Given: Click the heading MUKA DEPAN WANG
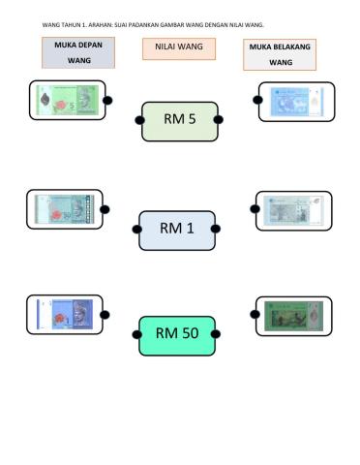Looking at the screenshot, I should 78,52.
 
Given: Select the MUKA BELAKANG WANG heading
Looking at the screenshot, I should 281,54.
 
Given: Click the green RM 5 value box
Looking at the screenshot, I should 180,120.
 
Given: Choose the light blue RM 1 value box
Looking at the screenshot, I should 177,230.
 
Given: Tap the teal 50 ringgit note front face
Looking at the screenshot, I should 64,208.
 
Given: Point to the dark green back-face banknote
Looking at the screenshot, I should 293,315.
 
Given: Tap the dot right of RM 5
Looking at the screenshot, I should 219,119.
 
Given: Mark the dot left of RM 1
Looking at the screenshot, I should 136,230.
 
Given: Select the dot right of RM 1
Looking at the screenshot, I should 218,230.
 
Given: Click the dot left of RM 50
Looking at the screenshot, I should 136,334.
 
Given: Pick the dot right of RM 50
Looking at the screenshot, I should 218,334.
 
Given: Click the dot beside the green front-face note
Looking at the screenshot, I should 107,100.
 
